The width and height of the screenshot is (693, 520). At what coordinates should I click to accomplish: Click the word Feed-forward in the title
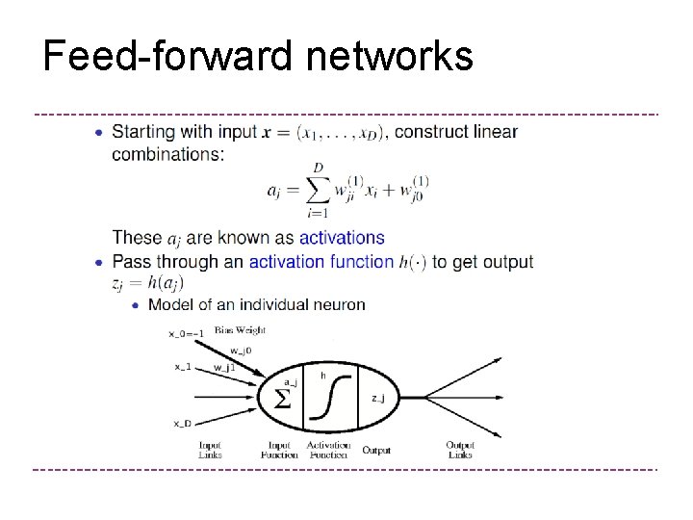click(x=168, y=56)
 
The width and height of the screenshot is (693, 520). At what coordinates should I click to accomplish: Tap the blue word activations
click(x=342, y=238)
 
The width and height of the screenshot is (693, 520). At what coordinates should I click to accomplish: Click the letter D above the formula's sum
click(x=318, y=167)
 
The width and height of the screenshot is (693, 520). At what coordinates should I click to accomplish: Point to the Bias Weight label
click(x=240, y=329)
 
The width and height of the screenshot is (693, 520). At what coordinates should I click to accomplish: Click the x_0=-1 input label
click(x=186, y=334)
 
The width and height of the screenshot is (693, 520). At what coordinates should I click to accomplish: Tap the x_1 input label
click(x=183, y=367)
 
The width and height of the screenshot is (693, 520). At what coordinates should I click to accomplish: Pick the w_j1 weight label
click(x=224, y=368)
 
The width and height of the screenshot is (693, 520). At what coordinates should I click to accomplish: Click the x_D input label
click(x=182, y=423)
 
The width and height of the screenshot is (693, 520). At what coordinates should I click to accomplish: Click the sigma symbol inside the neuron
click(x=283, y=397)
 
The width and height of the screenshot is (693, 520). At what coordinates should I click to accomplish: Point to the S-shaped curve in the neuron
click(x=330, y=396)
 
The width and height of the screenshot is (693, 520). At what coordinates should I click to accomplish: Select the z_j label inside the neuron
click(x=378, y=397)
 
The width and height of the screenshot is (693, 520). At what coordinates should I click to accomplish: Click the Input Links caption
click(x=210, y=450)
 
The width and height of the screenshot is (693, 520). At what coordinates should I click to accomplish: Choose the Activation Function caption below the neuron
click(x=328, y=450)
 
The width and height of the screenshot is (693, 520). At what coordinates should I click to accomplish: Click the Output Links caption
click(x=460, y=450)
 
